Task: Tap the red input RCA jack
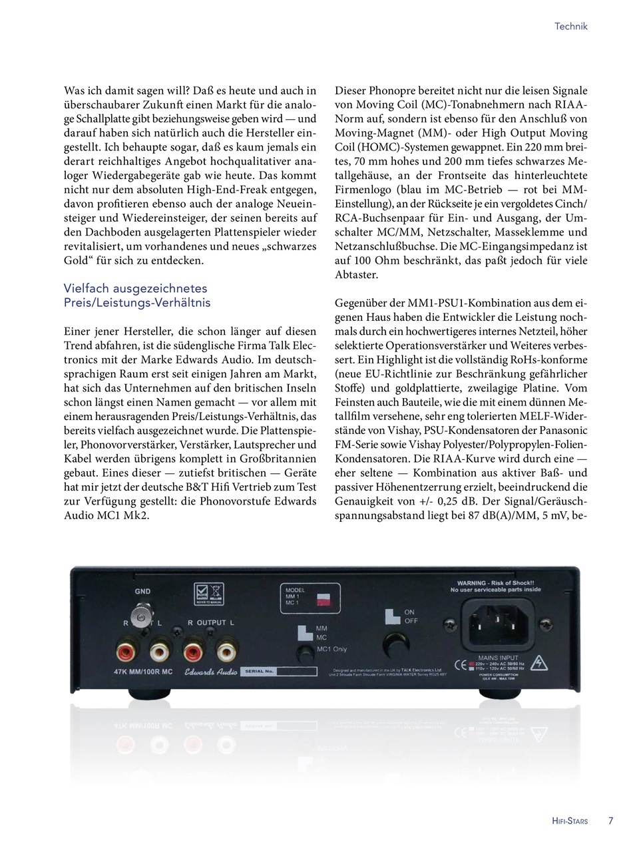tap(124, 646)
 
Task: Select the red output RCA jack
tap(194, 646)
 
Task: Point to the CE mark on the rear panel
tap(459, 664)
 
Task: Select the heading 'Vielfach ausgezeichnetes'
tap(136, 288)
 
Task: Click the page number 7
tap(610, 821)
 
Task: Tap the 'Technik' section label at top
tap(571, 27)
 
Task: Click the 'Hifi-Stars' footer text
tap(570, 821)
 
